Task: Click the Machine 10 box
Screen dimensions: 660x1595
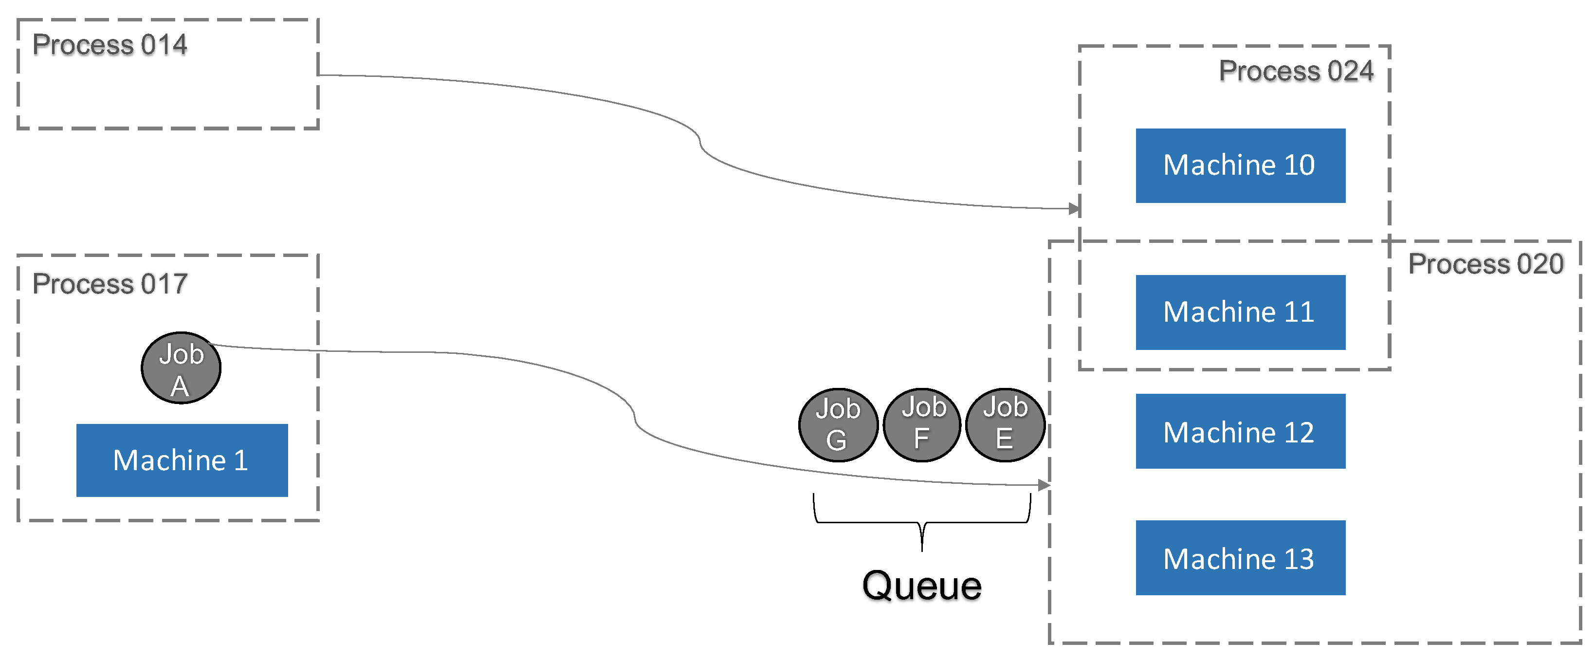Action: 1240,165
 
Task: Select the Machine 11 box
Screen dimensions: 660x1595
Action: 1240,312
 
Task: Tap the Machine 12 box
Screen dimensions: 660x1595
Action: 1240,432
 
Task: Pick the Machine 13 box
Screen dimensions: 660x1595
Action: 1240,558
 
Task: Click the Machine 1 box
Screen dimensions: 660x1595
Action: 182,460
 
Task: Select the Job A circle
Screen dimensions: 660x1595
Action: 181,368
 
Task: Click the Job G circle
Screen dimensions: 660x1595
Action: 838,425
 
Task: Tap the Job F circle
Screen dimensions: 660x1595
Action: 922,425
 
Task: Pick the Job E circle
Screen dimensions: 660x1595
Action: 1005,425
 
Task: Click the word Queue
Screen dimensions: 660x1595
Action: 921,585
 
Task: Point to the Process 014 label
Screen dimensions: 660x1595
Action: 110,45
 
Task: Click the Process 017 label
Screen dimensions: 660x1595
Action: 110,284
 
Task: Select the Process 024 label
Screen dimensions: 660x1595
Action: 1296,71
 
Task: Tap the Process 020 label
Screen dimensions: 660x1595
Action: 1485,264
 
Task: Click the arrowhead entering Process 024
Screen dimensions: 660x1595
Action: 1074,209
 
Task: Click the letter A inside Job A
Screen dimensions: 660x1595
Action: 180,387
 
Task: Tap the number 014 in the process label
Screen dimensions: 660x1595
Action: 164,45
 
